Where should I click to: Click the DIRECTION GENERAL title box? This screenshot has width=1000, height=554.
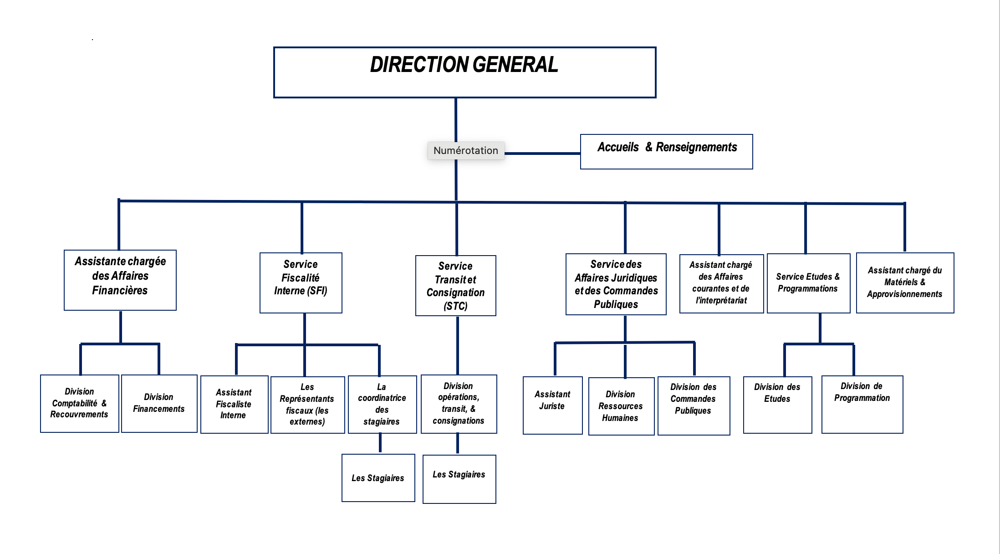pyautogui.click(x=464, y=72)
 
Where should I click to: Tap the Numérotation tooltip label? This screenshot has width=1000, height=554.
pyautogui.click(x=465, y=150)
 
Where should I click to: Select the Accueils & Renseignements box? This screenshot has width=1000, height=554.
pyautogui.click(x=666, y=151)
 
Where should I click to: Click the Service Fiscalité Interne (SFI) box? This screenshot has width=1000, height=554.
pyautogui.click(x=301, y=282)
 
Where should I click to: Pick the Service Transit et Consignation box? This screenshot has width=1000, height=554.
pyautogui.click(x=455, y=285)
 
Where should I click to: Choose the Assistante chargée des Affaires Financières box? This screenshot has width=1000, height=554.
pyautogui.click(x=120, y=280)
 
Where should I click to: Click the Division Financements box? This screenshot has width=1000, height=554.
pyautogui.click(x=159, y=403)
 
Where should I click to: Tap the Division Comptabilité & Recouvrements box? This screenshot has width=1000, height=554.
pyautogui.click(x=79, y=403)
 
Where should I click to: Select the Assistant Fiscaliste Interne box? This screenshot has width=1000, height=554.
pyautogui.click(x=234, y=404)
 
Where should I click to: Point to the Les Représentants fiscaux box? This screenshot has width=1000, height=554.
pyautogui.click(x=307, y=405)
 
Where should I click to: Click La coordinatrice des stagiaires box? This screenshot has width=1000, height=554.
pyautogui.click(x=382, y=404)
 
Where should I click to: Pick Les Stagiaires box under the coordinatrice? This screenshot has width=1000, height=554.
pyautogui.click(x=378, y=477)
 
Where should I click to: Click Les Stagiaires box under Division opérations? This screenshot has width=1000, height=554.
pyautogui.click(x=459, y=478)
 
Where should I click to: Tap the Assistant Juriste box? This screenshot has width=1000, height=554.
pyautogui.click(x=552, y=405)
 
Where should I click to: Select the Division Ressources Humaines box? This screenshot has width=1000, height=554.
pyautogui.click(x=621, y=406)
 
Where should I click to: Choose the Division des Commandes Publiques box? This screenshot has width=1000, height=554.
pyautogui.click(x=694, y=405)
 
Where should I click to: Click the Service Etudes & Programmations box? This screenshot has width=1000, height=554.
pyautogui.click(x=808, y=283)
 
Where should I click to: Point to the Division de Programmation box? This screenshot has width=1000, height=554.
pyautogui.click(x=862, y=404)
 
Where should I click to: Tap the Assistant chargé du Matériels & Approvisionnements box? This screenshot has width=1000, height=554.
pyautogui.click(x=905, y=282)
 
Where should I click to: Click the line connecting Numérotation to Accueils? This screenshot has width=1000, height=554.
pyautogui.click(x=542, y=154)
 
